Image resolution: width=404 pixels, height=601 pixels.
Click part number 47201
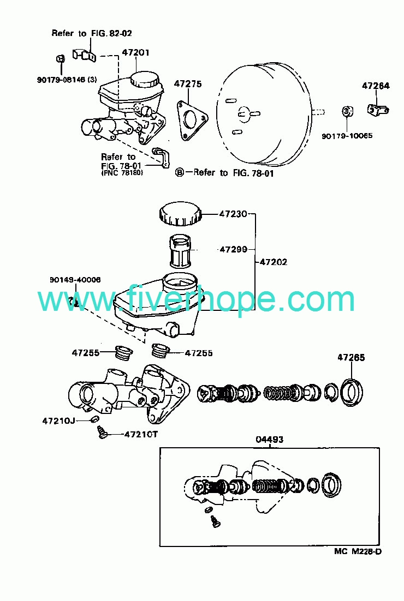pyautogui.click(x=135, y=52)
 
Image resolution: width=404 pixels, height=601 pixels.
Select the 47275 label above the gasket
pyautogui.click(x=188, y=84)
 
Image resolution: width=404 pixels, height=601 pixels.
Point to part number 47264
pyautogui.click(x=375, y=86)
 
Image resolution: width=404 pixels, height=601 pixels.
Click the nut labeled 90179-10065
pyautogui.click(x=347, y=112)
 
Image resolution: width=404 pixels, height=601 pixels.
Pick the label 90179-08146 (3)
pyautogui.click(x=67, y=80)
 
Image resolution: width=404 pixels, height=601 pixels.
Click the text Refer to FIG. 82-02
pyautogui.click(x=92, y=33)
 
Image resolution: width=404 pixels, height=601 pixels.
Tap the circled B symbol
pyautogui.click(x=179, y=173)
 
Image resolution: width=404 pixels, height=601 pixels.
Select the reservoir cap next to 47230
pyautogui.click(x=179, y=214)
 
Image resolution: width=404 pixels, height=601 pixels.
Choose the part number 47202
pyautogui.click(x=274, y=262)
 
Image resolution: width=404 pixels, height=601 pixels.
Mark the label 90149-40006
pyautogui.click(x=75, y=280)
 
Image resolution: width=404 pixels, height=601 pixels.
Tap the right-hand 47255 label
pyautogui.click(x=198, y=353)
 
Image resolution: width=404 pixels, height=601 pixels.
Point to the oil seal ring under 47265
pyautogui.click(x=352, y=392)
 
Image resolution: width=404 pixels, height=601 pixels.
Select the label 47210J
pyautogui.click(x=58, y=421)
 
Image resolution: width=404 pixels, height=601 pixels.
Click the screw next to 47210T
pyautogui.click(x=102, y=432)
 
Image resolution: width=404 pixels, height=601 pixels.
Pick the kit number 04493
pyautogui.click(x=270, y=440)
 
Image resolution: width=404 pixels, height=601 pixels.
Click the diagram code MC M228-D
pyautogui.click(x=358, y=551)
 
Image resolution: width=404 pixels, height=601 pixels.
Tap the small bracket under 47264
pyautogui.click(x=378, y=110)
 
